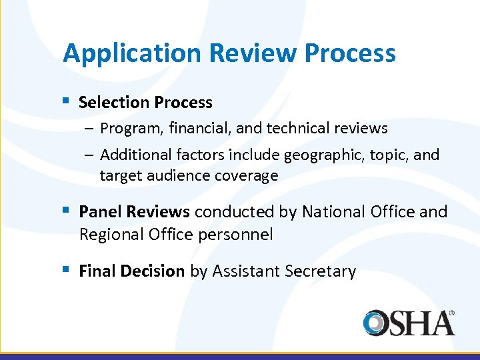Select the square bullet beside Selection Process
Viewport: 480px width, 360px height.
66,101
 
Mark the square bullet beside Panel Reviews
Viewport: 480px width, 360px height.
66,211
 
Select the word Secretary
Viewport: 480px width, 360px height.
320,271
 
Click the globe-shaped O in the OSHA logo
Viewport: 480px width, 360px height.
377,323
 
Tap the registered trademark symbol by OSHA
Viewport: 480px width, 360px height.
451,312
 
